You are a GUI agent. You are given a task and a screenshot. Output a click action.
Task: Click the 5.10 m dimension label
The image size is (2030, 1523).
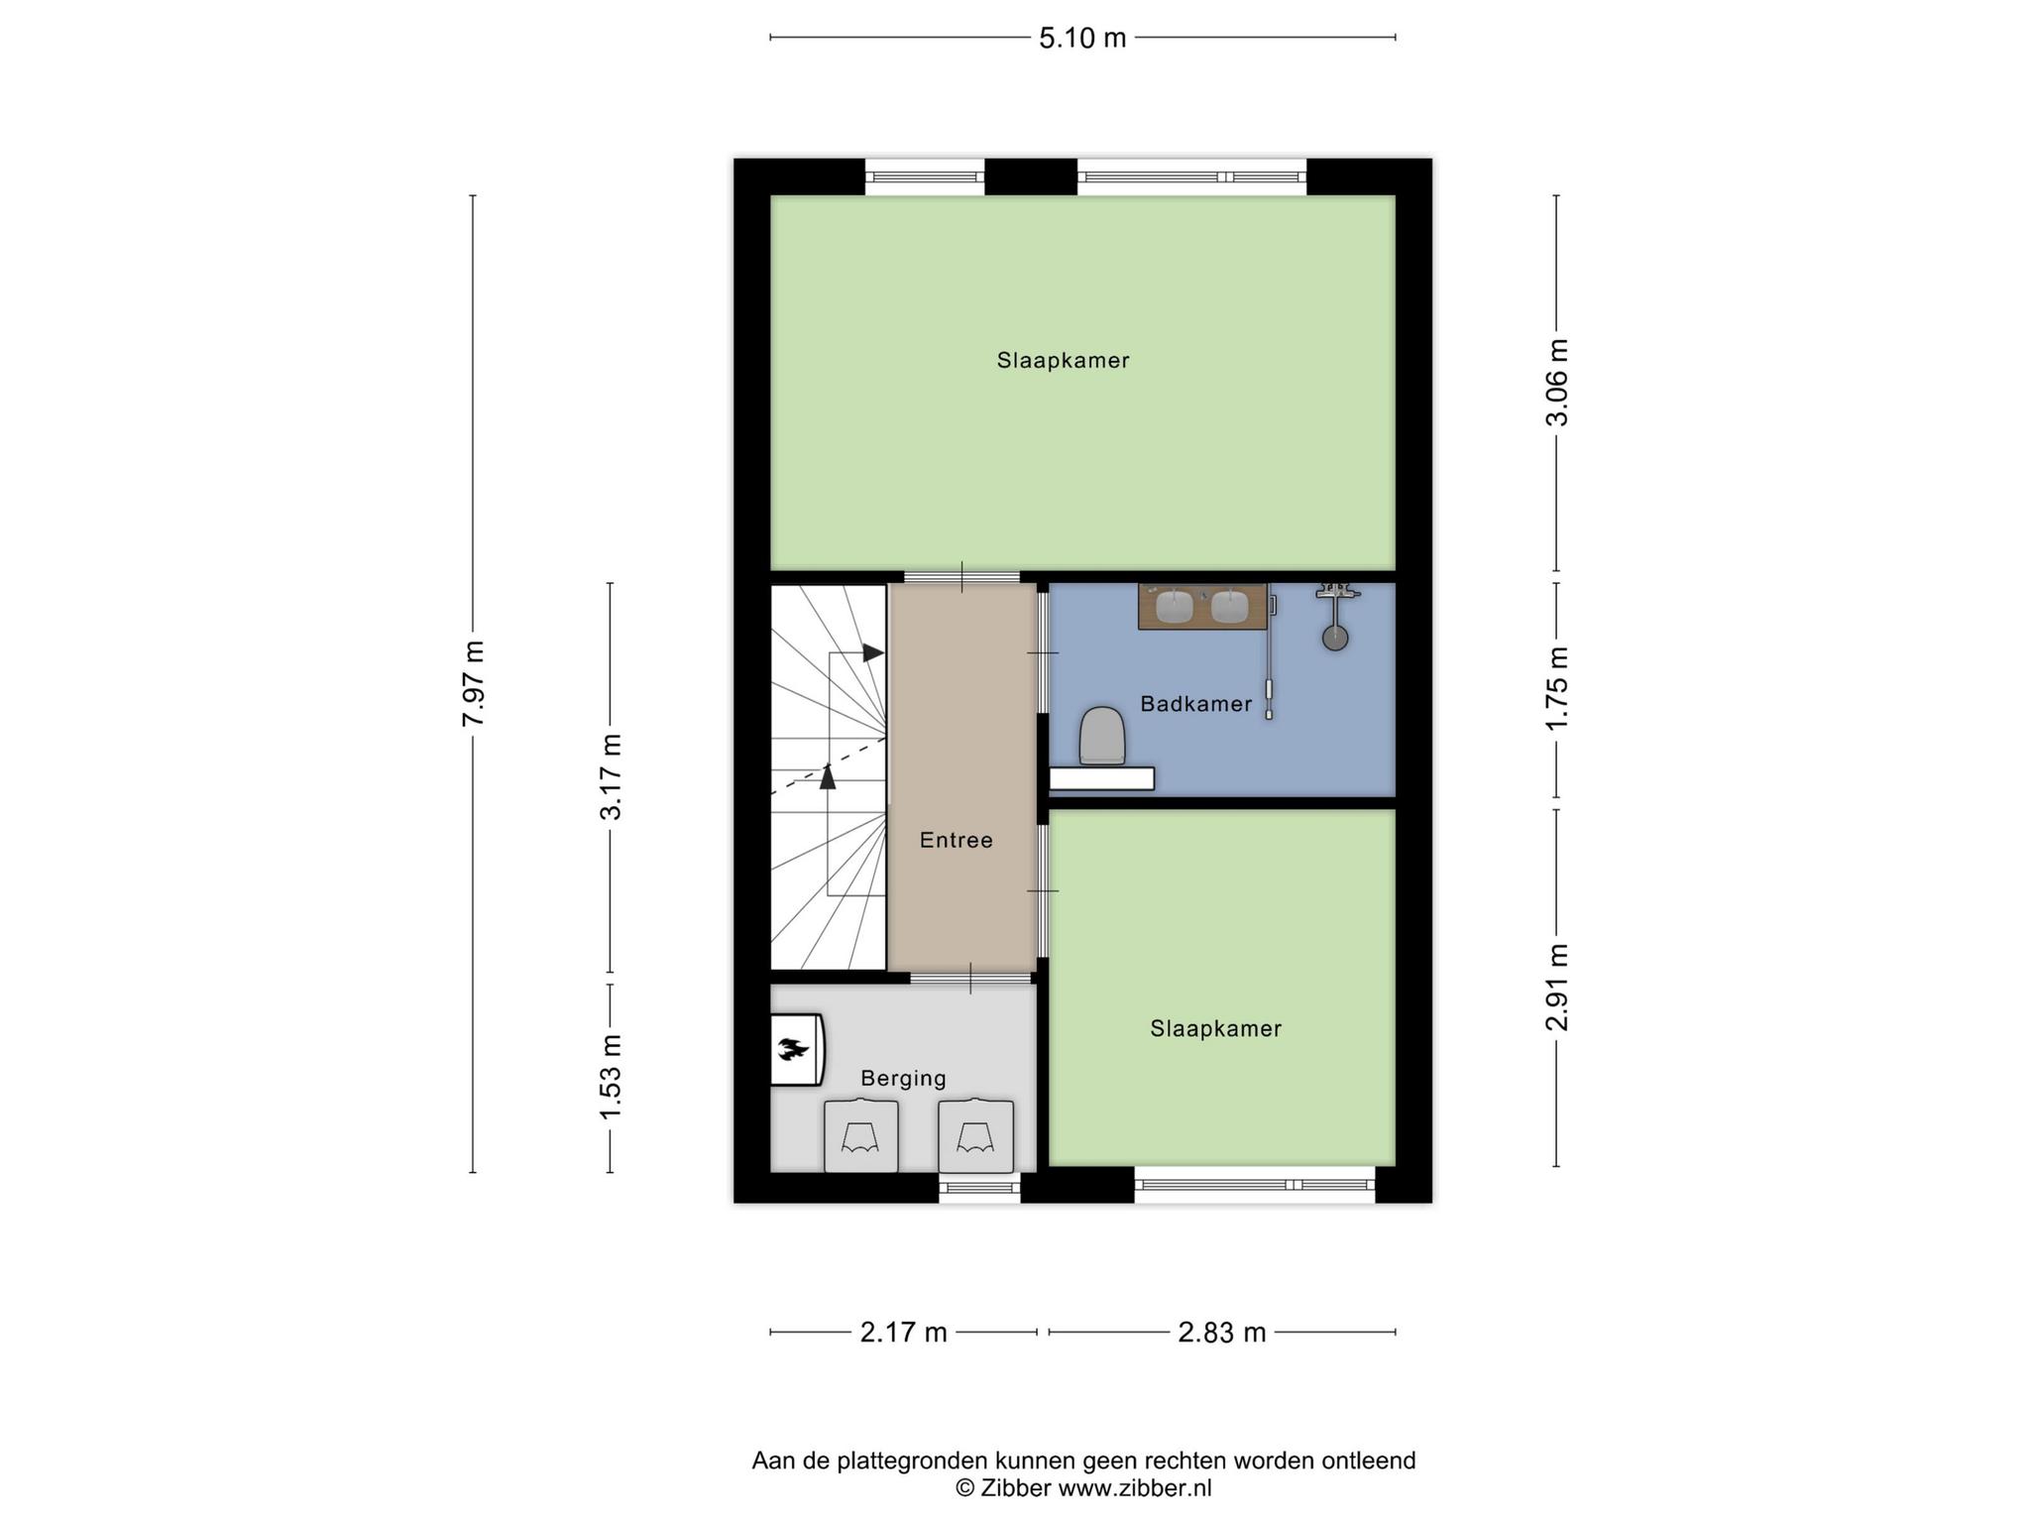tap(1082, 38)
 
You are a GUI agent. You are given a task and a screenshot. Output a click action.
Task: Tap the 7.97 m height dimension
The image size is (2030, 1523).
tap(474, 683)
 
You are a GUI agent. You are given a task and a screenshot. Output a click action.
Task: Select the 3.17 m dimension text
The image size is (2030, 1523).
tap(611, 776)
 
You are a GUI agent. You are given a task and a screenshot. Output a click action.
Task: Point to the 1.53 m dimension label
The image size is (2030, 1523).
tap(611, 1077)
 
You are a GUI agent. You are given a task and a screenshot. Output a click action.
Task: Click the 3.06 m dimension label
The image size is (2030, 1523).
tap(1557, 382)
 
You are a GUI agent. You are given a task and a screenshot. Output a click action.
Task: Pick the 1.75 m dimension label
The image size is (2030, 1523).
tap(1557, 687)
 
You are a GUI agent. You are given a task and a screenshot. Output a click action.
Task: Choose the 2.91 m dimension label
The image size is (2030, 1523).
tap(1557, 987)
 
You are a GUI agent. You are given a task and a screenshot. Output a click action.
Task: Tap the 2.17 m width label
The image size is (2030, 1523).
tap(903, 1333)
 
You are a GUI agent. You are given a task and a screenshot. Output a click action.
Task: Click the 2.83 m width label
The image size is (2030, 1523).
tap(1222, 1333)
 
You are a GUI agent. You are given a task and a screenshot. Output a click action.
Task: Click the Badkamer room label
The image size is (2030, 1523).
tap(1196, 704)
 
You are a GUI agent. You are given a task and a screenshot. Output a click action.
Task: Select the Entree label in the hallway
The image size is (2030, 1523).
tap(956, 840)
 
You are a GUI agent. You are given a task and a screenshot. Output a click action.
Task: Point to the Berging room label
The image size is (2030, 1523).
tap(903, 1078)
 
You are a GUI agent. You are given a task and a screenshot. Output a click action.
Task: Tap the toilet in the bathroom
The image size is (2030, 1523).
tap(1102, 736)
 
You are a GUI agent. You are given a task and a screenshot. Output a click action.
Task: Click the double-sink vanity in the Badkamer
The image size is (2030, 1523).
tap(1202, 606)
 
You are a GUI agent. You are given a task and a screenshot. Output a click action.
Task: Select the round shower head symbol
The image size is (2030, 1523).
tap(1335, 638)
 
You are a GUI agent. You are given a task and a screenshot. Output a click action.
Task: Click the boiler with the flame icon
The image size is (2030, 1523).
tap(797, 1049)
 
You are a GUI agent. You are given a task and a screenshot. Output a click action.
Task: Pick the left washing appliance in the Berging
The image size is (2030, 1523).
tap(861, 1136)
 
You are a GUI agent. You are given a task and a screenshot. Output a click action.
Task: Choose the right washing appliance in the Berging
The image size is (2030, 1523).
tap(976, 1136)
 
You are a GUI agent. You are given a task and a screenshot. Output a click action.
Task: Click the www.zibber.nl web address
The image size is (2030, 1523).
tap(1135, 1487)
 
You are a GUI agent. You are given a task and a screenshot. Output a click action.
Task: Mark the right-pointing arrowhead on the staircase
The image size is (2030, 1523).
tap(873, 652)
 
